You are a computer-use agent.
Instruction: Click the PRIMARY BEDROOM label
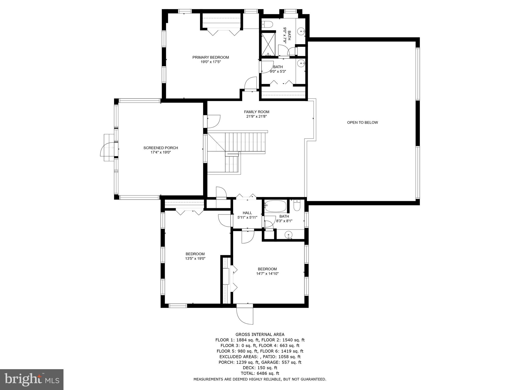tap(210, 57)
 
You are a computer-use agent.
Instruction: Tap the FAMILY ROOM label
tap(256, 112)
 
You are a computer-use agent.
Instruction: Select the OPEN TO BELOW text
tap(362, 122)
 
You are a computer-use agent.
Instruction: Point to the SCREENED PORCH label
tap(160, 148)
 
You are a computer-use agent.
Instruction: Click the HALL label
tap(247, 213)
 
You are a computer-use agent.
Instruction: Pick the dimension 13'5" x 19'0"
tap(195, 258)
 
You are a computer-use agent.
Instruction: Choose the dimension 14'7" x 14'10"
tap(267, 273)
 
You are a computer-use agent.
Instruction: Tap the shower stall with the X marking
tap(268, 44)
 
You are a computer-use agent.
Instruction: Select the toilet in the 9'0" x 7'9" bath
tap(267, 24)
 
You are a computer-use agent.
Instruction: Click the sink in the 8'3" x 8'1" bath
tap(288, 235)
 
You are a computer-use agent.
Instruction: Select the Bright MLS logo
tap(32, 379)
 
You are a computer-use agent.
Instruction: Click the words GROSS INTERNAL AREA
tap(260, 334)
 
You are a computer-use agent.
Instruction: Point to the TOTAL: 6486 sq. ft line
tap(260, 373)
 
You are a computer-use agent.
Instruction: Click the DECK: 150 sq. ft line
tap(260, 368)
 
